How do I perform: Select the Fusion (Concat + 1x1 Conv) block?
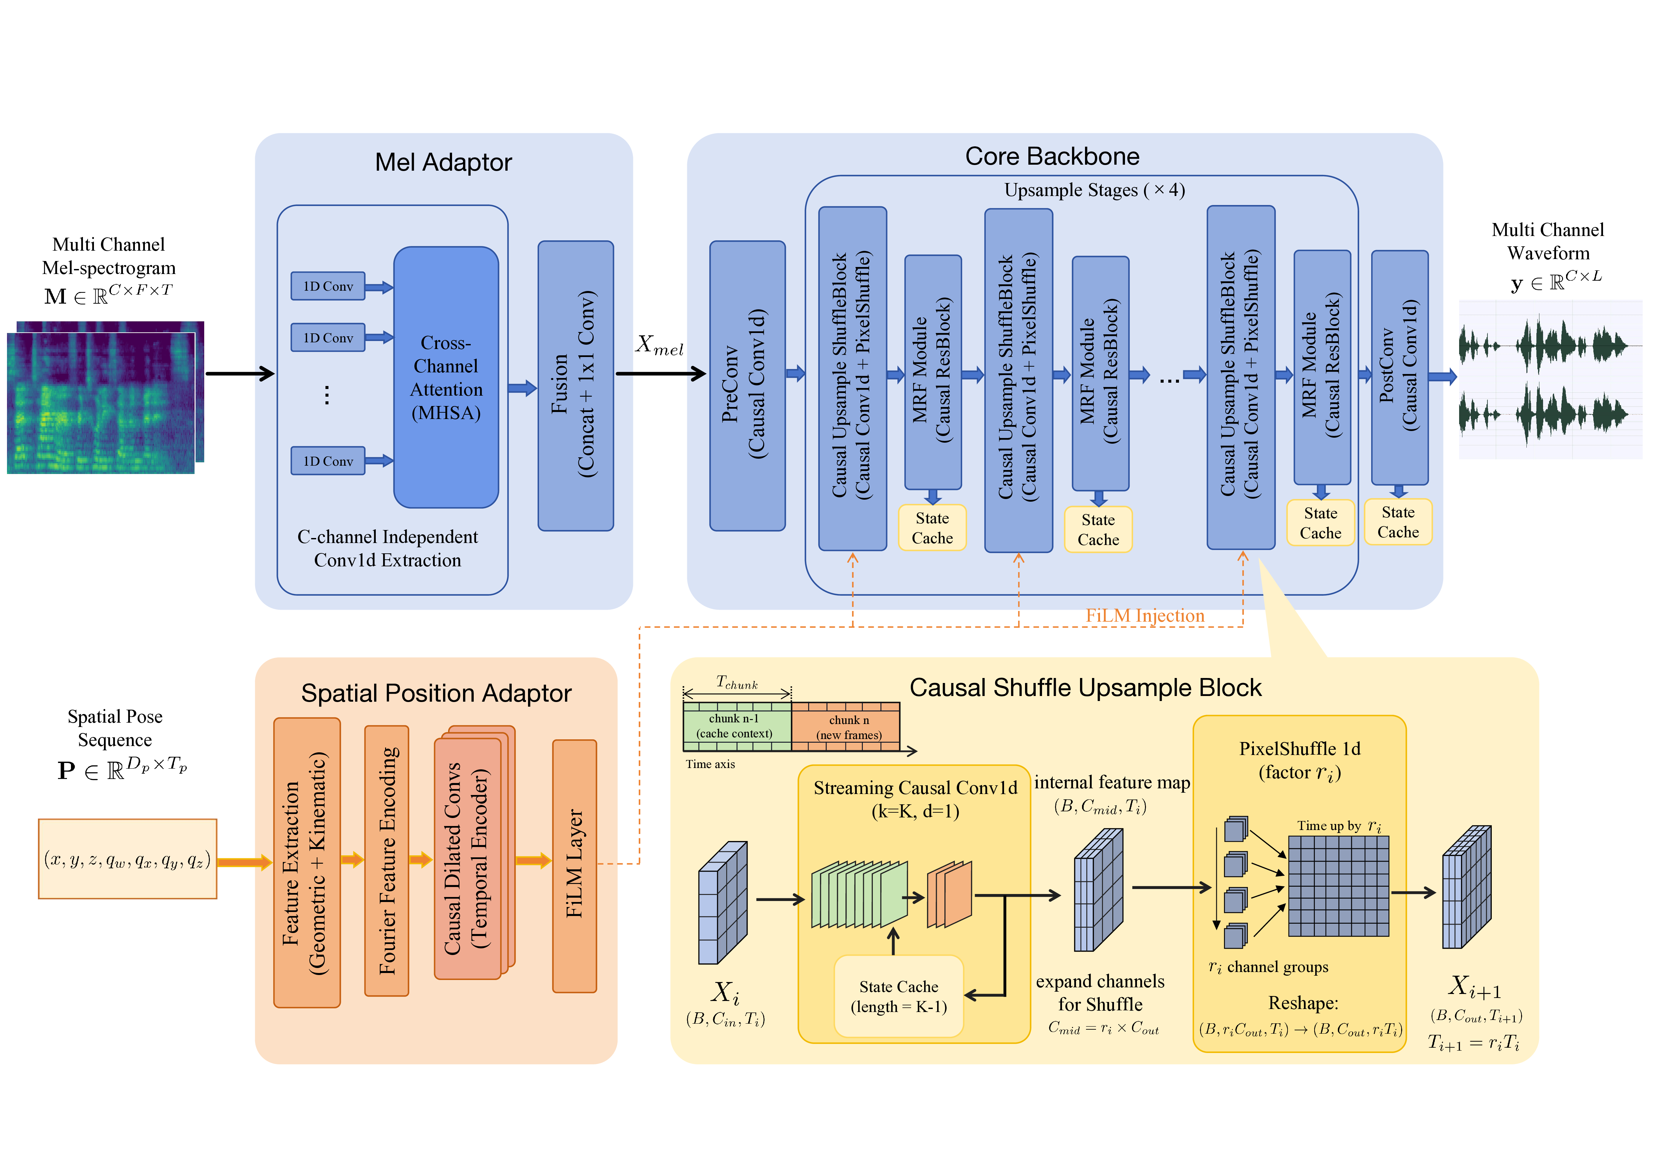575,385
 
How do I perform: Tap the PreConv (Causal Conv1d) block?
747,385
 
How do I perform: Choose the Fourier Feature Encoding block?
387,861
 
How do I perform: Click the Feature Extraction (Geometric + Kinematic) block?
307,862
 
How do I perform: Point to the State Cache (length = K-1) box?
898,996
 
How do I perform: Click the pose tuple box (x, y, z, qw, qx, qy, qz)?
128,859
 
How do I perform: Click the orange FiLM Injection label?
1145,616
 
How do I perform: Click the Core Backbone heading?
1052,156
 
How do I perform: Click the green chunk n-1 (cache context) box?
736,726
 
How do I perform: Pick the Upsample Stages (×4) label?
1094,190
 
